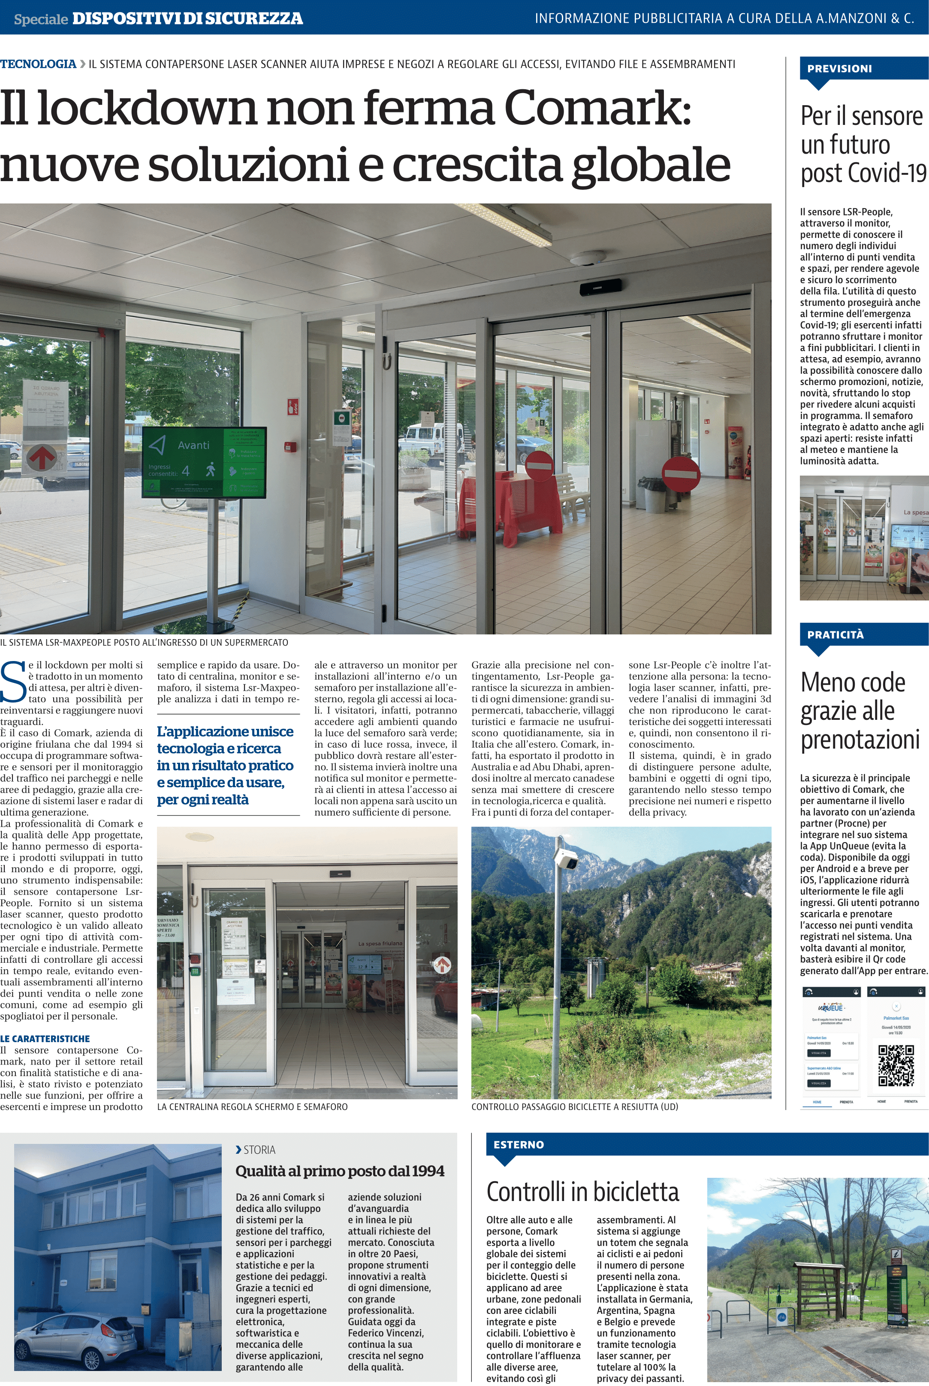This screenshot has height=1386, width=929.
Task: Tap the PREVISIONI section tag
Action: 839,69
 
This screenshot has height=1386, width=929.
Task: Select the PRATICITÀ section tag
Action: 835,635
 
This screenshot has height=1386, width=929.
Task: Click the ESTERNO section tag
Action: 519,1145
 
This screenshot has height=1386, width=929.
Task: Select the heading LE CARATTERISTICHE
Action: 45,1039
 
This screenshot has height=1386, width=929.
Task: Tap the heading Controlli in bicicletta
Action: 582,1192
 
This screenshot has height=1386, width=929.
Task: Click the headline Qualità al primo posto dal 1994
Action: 340,1171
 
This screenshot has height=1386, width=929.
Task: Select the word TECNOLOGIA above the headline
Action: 38,64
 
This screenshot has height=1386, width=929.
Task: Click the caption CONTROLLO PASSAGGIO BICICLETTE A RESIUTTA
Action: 574,1107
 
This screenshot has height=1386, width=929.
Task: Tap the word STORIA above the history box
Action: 259,1149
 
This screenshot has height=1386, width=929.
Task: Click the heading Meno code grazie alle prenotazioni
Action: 860,711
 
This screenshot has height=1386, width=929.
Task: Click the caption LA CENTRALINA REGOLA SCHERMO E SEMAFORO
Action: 252,1107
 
